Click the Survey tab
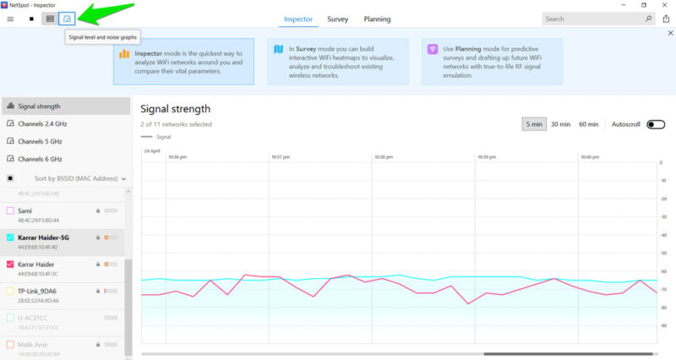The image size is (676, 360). click(x=338, y=19)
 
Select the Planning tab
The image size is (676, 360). click(x=377, y=19)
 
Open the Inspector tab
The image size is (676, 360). click(x=298, y=19)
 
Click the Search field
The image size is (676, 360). click(x=591, y=19)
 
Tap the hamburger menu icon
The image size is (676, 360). click(x=10, y=18)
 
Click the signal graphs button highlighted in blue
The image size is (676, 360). click(x=67, y=18)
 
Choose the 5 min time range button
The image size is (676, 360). click(x=533, y=124)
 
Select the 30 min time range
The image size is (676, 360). click(x=560, y=124)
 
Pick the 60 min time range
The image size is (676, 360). click(x=589, y=124)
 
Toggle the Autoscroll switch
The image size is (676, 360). click(x=656, y=124)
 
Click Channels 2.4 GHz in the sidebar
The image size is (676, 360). click(x=40, y=123)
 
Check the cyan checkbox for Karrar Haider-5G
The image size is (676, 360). click(x=10, y=237)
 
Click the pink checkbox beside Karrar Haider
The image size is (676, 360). click(x=10, y=265)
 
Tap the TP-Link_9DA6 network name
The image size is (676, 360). click(x=38, y=291)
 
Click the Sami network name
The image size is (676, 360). click(x=25, y=210)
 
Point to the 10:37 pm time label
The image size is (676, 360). click(x=280, y=156)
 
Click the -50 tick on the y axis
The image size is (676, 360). click(x=663, y=254)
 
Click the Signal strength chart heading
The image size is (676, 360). click(x=175, y=108)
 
